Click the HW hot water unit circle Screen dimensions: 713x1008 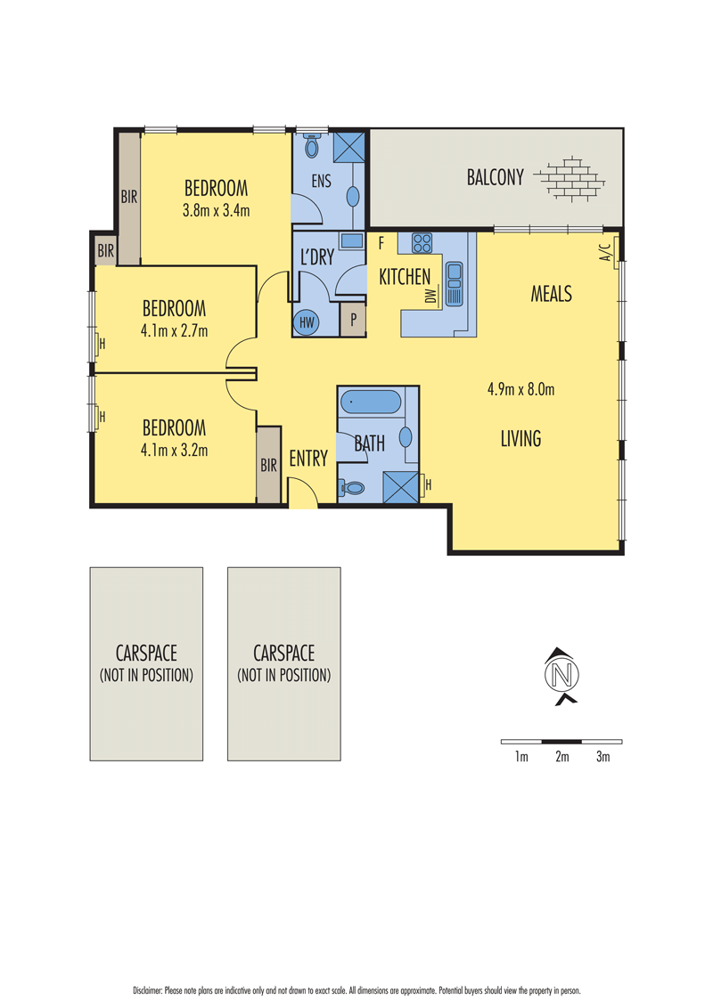click(x=307, y=321)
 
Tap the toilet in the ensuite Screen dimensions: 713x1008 click(x=312, y=145)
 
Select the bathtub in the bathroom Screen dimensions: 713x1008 click(x=371, y=402)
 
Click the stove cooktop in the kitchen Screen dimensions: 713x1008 click(x=422, y=243)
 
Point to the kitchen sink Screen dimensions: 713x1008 click(x=454, y=283)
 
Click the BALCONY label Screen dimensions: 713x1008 click(x=495, y=177)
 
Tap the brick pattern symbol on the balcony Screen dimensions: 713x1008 click(x=570, y=178)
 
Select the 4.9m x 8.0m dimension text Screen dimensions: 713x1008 click(x=520, y=389)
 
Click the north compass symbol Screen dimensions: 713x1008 click(x=561, y=676)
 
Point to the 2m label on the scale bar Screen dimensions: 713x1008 click(x=562, y=757)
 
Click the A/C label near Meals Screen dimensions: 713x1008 click(x=605, y=252)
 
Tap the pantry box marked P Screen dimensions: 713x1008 click(x=353, y=320)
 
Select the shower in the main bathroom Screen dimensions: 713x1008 click(x=400, y=487)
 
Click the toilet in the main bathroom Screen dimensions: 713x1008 click(x=352, y=488)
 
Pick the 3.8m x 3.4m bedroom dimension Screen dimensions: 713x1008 click(x=217, y=210)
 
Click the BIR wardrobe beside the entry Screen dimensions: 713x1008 click(x=268, y=464)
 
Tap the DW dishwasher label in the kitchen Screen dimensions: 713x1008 click(x=430, y=295)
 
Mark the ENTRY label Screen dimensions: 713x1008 click(x=308, y=459)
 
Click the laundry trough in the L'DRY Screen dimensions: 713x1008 click(x=351, y=241)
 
